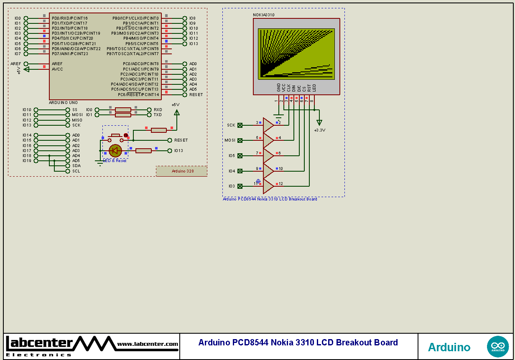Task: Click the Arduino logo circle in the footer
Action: click(498, 347)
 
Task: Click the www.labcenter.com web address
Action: click(148, 344)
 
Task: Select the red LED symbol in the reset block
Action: click(115, 151)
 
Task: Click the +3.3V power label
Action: click(319, 130)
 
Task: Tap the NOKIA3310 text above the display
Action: click(264, 15)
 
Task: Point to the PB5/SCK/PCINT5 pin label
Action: click(142, 44)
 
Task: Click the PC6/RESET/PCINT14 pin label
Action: click(138, 95)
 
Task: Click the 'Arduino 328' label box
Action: click(182, 171)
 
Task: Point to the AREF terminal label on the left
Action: click(16, 64)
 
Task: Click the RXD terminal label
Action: click(158, 110)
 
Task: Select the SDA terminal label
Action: click(76, 166)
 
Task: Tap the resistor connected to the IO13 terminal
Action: click(143, 151)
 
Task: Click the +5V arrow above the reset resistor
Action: click(176, 112)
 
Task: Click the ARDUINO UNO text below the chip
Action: click(63, 102)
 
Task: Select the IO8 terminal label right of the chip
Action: click(192, 18)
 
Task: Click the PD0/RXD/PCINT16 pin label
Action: click(70, 18)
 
